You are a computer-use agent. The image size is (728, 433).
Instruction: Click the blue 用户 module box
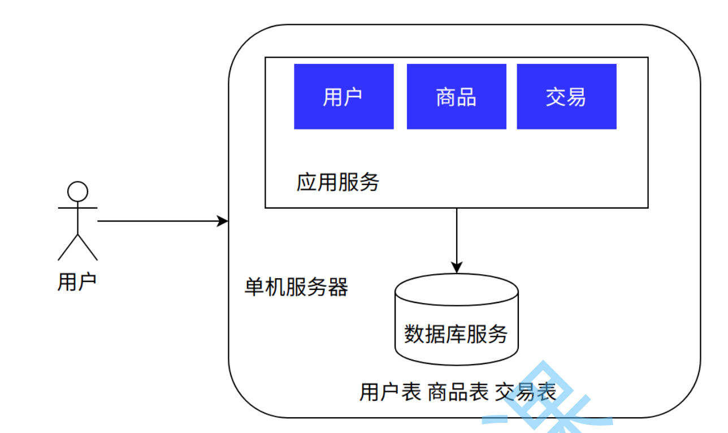point(344,97)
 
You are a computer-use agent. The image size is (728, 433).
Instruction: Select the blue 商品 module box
point(456,97)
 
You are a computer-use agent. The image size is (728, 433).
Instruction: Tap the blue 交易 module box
point(566,97)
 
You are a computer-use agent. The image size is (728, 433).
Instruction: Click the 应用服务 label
point(338,182)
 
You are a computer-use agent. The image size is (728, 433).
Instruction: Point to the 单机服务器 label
point(296,287)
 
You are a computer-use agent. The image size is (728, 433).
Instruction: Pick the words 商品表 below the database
point(458,392)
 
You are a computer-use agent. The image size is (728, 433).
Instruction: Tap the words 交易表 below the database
point(526,392)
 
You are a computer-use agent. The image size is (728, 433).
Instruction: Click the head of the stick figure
point(78,192)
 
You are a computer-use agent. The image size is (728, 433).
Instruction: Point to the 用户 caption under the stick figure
point(77,281)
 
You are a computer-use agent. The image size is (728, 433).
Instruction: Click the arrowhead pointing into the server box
point(224,221)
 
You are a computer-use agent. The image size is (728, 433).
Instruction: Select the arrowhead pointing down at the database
point(456,268)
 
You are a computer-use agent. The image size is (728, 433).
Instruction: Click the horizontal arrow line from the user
point(158,221)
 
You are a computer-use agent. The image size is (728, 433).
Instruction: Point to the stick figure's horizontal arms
point(78,207)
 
